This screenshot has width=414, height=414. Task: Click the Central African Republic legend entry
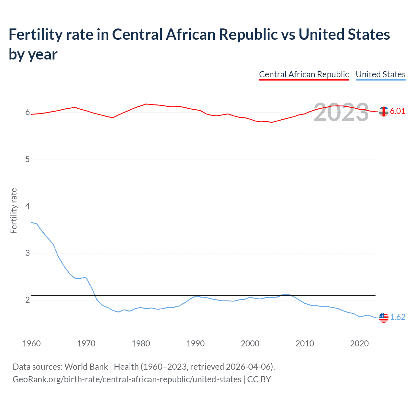pos(304,74)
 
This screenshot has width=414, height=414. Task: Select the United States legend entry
pos(380,74)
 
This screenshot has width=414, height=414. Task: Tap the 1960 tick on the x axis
pos(31,343)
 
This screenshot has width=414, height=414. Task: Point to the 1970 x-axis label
pos(86,343)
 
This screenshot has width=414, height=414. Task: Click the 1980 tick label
pos(141,343)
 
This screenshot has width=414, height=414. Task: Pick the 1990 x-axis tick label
pos(195,343)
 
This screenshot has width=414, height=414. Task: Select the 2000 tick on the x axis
pos(250,343)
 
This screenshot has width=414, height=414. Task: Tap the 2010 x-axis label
pos(305,343)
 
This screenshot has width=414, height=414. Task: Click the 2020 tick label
pos(359,343)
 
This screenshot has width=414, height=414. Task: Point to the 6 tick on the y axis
pos(27,112)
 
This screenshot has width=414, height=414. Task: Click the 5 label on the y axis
pos(27,159)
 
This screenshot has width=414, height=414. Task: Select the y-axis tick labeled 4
pos(27,206)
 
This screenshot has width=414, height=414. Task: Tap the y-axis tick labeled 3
pos(27,253)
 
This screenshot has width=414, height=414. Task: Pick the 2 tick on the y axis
pos(27,300)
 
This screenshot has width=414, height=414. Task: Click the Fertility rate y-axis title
pos(14,211)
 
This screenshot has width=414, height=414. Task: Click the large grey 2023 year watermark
pos(341,112)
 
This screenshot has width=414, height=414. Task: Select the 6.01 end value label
pos(398,111)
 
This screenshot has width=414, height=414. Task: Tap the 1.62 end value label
pos(398,317)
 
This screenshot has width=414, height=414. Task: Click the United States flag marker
pos(384,318)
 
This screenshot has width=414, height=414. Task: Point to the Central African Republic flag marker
pos(384,112)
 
